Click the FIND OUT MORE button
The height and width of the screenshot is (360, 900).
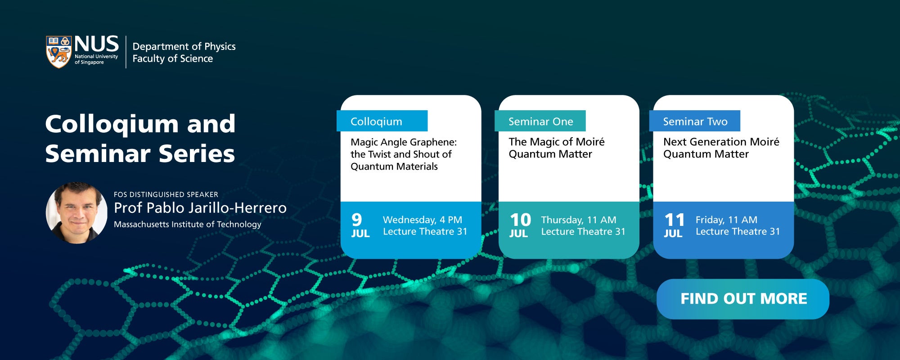(x=742, y=299)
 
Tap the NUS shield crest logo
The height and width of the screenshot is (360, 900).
(x=59, y=52)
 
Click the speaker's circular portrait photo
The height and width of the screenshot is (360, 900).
(x=77, y=212)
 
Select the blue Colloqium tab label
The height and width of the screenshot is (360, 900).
(x=382, y=121)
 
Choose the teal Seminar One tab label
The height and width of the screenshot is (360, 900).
(x=540, y=121)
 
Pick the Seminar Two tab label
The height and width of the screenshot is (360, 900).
(x=695, y=121)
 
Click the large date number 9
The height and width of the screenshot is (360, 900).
(x=357, y=220)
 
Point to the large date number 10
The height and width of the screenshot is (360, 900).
(x=520, y=220)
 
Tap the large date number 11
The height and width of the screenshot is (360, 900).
(x=675, y=220)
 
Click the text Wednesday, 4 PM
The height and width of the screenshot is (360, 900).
(x=423, y=220)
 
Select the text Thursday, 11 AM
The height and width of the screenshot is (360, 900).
(x=579, y=220)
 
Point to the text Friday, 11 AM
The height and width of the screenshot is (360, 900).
(x=726, y=220)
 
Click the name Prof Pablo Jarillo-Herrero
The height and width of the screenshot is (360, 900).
(x=200, y=208)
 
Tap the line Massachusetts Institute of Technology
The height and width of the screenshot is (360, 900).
(x=187, y=224)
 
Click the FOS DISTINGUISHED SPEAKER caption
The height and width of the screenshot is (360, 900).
(x=166, y=194)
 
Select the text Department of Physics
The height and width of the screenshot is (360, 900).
(x=184, y=46)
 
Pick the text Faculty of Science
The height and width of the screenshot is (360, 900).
(x=173, y=58)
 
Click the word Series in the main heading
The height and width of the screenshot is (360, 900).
(x=197, y=153)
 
